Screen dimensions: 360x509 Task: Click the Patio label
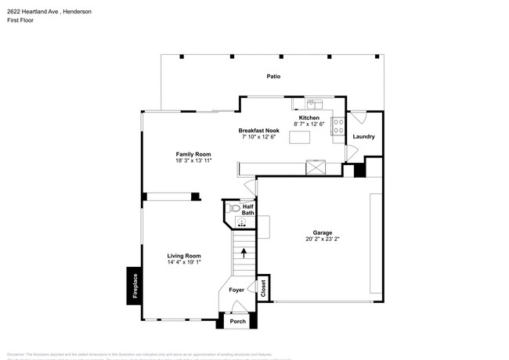click(x=273, y=77)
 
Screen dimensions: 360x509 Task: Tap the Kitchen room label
click(x=308, y=117)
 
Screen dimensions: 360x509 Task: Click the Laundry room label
click(x=363, y=137)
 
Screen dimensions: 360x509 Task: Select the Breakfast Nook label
click(x=259, y=130)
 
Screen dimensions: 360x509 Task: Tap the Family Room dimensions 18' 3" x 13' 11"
click(x=193, y=160)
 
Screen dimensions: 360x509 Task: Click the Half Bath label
click(x=247, y=210)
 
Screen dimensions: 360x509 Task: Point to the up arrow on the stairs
click(x=244, y=253)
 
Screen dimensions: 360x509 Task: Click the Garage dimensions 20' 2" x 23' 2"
click(x=323, y=239)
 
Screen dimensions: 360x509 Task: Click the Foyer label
click(x=236, y=290)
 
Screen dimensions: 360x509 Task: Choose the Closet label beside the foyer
click(x=263, y=288)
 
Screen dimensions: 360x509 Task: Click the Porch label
click(x=238, y=322)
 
